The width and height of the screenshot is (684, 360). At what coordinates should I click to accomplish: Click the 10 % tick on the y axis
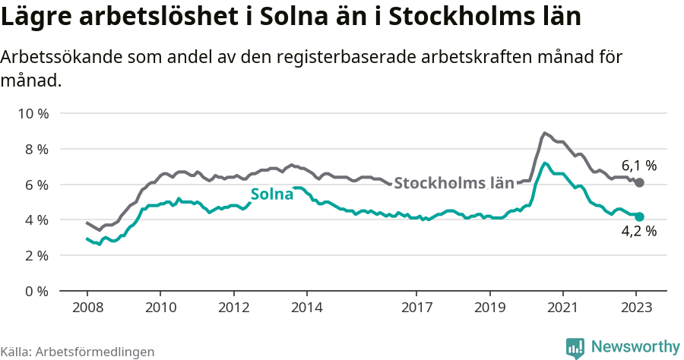(32, 114)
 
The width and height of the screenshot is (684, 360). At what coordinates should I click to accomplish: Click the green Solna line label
(272, 194)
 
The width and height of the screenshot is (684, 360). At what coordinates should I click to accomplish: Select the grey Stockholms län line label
(454, 183)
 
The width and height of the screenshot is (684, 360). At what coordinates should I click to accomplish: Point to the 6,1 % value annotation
(638, 165)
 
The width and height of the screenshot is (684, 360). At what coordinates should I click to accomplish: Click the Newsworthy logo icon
(575, 347)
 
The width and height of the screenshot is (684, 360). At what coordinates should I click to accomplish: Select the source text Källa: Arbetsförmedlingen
(78, 352)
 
